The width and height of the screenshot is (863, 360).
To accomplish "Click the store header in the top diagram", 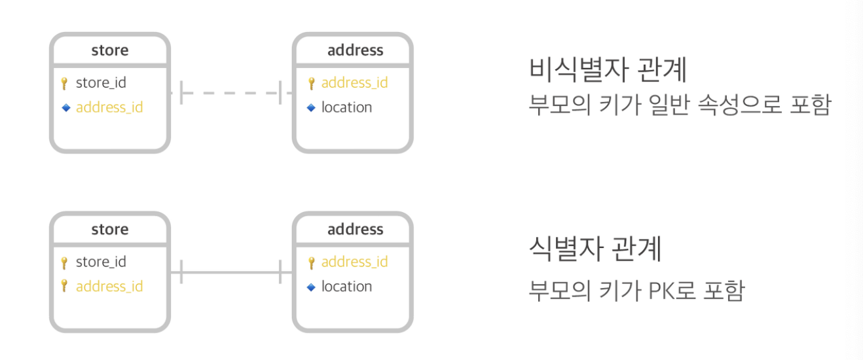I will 110,50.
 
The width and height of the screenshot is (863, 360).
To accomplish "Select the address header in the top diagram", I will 355,50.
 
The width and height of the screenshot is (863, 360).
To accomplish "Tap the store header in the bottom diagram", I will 110,230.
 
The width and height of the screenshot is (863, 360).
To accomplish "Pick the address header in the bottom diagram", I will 355,230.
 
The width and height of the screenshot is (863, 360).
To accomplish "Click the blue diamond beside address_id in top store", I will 65,107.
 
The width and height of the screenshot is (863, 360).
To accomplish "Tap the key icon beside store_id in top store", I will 64,83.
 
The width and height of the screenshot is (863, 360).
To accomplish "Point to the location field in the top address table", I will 346,107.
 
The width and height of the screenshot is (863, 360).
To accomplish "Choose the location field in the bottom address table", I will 346,287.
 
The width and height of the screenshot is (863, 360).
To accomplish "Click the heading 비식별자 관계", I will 608,70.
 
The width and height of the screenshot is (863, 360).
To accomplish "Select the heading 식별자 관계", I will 595,249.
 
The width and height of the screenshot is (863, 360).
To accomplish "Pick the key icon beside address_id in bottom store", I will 64,286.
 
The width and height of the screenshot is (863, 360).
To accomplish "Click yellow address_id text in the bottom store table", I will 109,287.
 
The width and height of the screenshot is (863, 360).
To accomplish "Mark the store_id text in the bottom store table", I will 101,262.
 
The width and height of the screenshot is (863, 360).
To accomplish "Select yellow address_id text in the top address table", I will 354,83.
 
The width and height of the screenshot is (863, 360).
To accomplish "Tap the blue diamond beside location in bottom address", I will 311,287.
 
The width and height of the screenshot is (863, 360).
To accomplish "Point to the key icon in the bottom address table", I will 312,262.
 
